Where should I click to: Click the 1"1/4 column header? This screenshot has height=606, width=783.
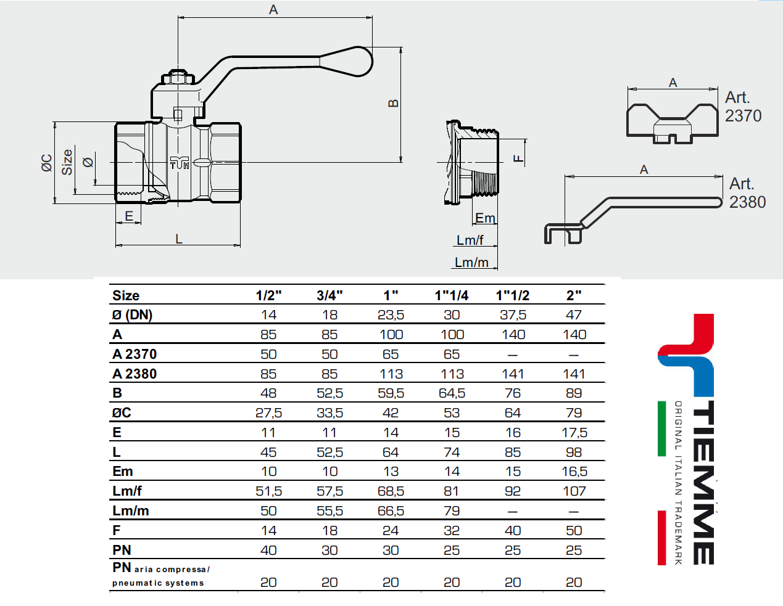451,295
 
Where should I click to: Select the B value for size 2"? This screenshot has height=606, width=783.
574,393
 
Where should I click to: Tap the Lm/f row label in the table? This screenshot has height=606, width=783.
127,491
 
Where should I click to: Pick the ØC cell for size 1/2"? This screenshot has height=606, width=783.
268,413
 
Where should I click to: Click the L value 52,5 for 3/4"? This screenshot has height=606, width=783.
329,452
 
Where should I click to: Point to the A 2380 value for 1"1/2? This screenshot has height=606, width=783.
513,374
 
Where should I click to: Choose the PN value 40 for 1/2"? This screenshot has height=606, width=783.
268,551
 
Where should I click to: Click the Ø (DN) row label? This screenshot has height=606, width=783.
132,315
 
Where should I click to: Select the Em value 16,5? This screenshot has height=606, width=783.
574,472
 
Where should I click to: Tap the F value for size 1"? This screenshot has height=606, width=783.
391,531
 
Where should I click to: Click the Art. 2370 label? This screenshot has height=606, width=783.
742,107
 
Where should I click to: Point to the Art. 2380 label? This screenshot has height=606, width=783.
747,193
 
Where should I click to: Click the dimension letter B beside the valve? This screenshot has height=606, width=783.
394,104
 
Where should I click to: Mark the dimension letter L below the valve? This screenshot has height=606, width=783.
179,239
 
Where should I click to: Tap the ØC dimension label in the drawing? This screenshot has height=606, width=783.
47,163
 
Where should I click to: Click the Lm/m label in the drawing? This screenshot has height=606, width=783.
471,263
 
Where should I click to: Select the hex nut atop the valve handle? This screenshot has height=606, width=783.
178,78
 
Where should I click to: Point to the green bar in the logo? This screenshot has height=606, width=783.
661,428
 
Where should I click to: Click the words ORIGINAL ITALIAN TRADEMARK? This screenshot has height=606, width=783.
678,482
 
